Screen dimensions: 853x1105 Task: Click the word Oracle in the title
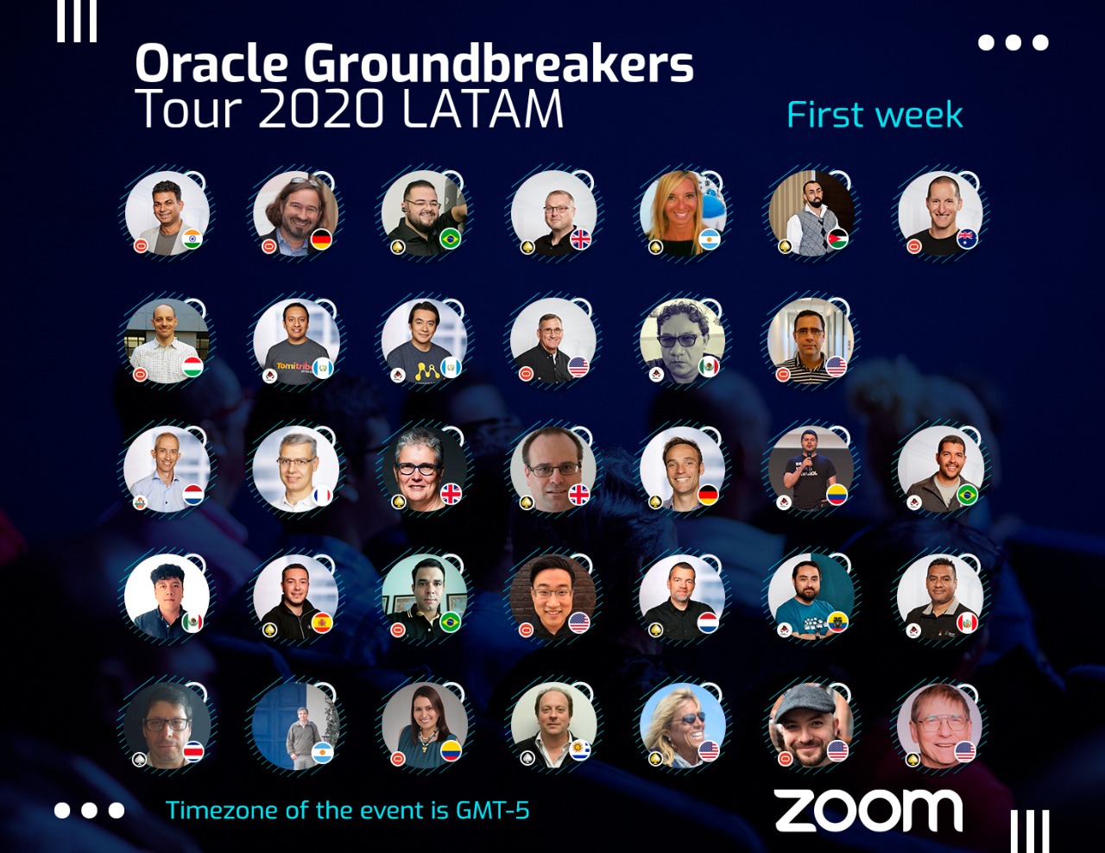point(212,64)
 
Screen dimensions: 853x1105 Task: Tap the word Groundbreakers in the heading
point(499,64)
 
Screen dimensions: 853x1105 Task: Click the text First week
point(875,116)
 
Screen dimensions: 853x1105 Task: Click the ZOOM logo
point(868,812)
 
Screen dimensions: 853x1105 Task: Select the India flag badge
point(193,238)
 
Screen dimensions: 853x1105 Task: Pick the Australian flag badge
point(967,238)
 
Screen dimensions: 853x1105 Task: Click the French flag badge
point(321,495)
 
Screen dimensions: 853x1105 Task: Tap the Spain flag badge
point(321,622)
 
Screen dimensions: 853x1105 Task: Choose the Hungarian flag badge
point(193,366)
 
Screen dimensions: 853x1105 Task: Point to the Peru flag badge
point(967,622)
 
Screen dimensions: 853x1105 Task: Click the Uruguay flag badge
point(579,750)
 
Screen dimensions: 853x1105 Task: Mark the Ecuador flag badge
point(837,622)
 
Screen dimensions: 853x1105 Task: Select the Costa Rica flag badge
point(193,750)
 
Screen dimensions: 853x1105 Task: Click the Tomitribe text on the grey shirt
point(293,366)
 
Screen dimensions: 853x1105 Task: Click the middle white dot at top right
point(1013,42)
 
